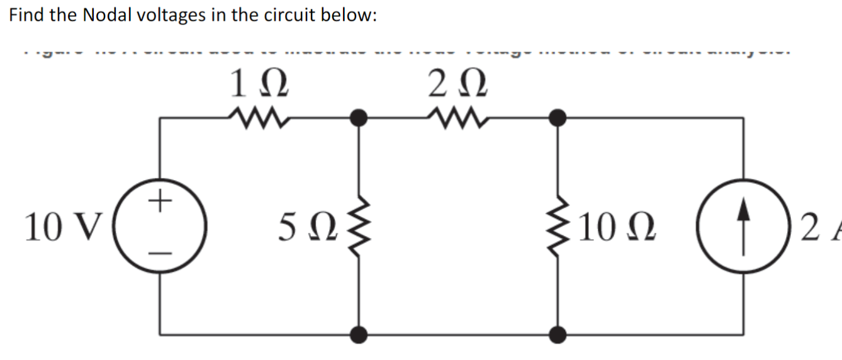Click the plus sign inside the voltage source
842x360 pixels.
160,203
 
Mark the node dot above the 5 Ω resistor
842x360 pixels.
359,117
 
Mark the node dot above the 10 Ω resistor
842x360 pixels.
557,117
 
